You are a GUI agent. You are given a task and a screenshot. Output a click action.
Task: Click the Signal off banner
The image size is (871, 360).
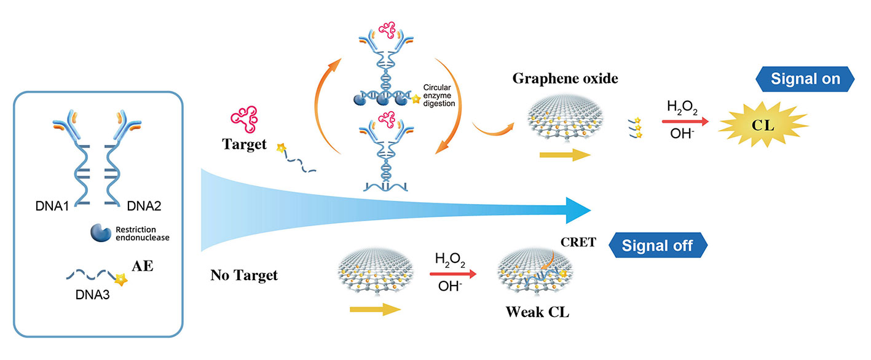657,246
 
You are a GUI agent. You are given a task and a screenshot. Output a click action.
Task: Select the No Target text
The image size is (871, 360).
244,275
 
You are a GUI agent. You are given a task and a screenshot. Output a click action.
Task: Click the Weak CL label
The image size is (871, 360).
537,311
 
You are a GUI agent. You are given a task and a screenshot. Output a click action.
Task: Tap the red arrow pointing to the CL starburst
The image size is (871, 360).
686,122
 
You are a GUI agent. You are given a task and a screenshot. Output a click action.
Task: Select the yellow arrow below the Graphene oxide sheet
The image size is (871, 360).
565,155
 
